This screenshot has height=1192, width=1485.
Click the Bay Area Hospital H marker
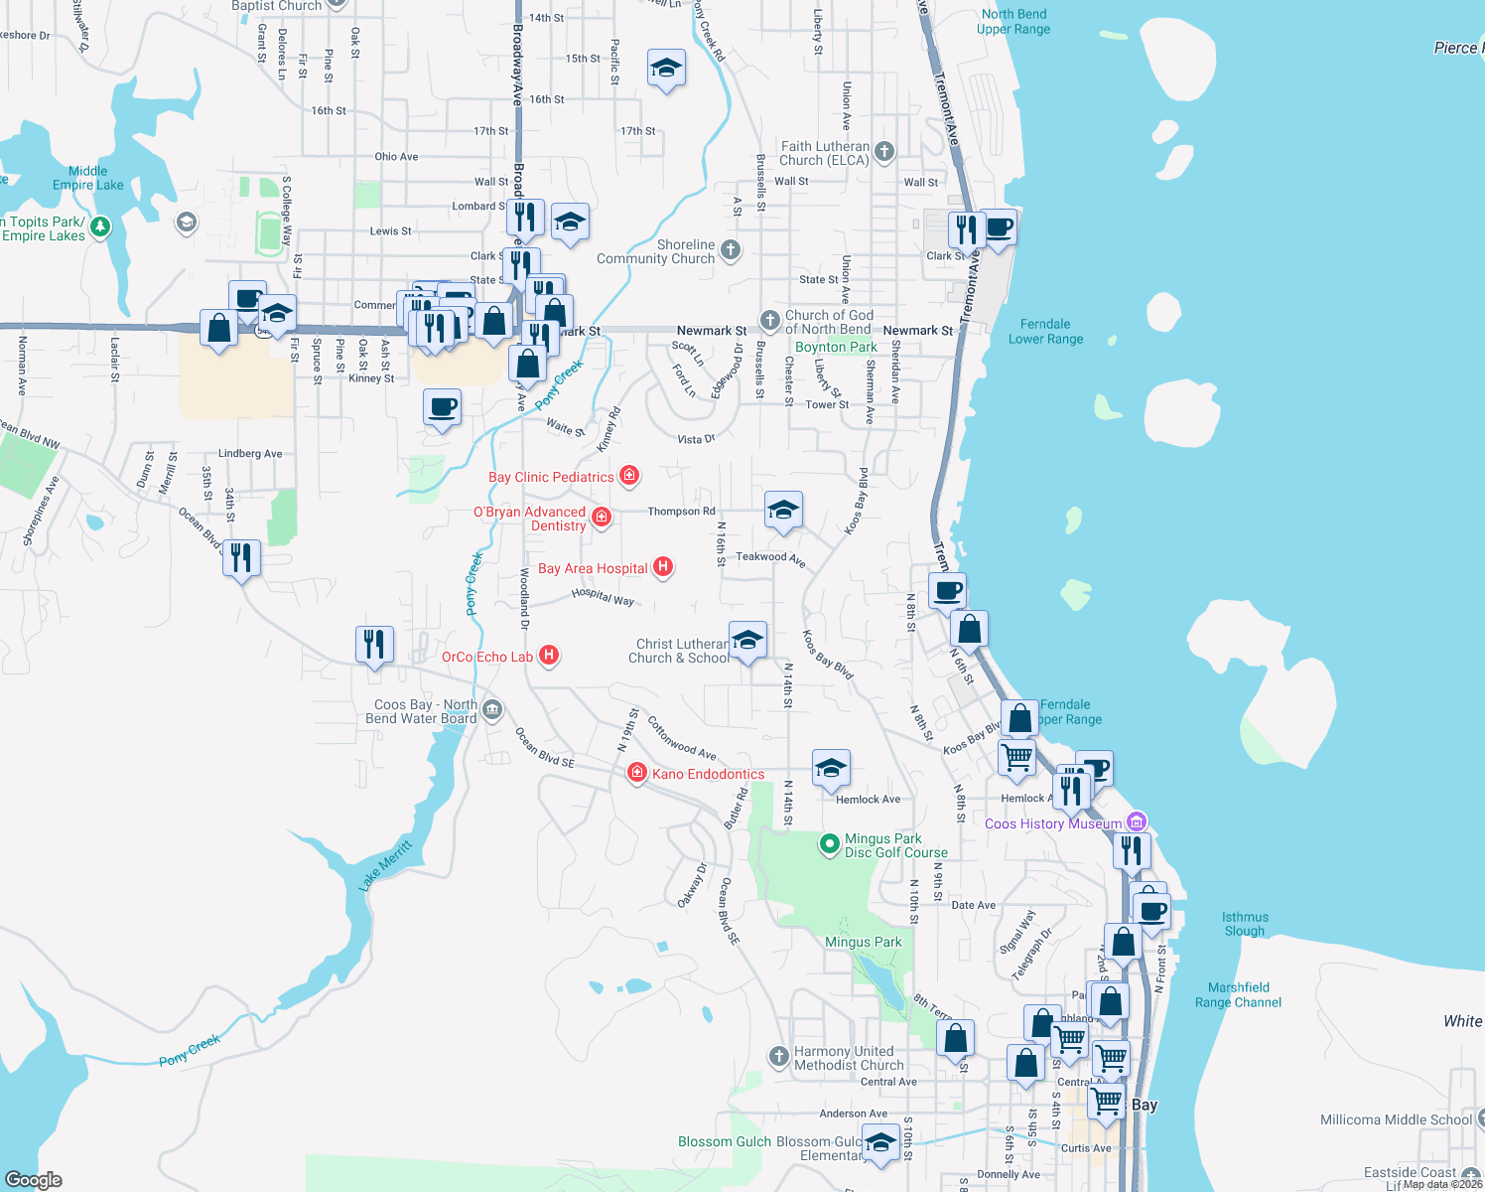(663, 567)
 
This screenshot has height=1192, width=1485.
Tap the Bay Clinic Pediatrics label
(551, 477)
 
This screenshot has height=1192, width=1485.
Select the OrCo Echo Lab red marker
(549, 656)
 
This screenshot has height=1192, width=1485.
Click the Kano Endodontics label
(708, 774)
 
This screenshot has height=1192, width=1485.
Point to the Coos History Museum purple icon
(1138, 822)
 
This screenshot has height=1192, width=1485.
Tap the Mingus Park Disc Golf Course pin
(829, 844)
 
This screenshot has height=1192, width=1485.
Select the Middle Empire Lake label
(88, 178)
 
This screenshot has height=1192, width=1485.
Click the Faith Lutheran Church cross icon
(884, 152)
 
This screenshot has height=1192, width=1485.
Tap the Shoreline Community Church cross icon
(731, 250)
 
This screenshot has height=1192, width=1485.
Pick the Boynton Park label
(836, 347)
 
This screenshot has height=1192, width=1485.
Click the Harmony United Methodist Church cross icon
(779, 1055)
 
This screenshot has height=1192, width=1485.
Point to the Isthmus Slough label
(1245, 924)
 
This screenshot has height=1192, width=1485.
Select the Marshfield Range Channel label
(1238, 994)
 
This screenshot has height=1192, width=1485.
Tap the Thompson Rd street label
(681, 512)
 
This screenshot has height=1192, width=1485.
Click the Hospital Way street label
(603, 596)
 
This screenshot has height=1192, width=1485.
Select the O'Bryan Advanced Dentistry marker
(602, 517)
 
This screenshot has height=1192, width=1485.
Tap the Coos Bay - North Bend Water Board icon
(492, 710)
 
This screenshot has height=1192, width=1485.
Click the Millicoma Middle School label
(1396, 1119)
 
